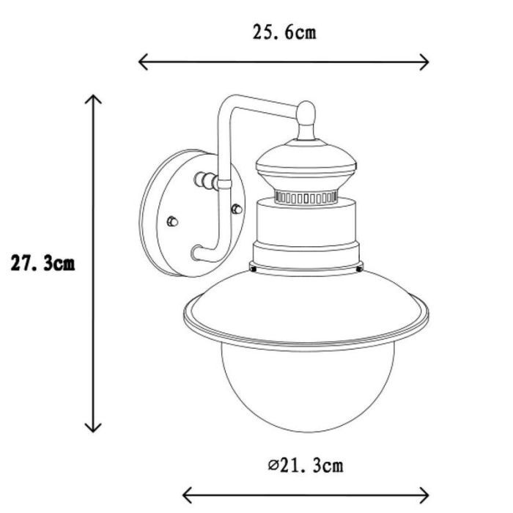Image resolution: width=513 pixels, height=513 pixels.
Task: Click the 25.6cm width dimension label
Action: tap(284, 33)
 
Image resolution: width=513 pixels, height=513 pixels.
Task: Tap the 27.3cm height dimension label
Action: tap(43, 263)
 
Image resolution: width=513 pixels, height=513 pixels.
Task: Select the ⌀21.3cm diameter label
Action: tap(306, 465)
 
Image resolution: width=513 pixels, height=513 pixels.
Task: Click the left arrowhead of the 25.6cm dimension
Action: tap(143, 62)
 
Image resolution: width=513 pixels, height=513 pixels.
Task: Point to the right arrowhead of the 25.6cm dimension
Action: tap(424, 62)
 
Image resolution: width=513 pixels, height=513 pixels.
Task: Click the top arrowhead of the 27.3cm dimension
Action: tap(93, 99)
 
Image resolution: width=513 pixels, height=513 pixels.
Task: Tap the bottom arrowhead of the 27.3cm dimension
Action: tap(93, 427)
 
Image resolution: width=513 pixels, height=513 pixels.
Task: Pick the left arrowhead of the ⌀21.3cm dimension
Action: tap(187, 495)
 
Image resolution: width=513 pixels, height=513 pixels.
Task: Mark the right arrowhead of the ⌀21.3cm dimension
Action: tap(424, 495)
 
